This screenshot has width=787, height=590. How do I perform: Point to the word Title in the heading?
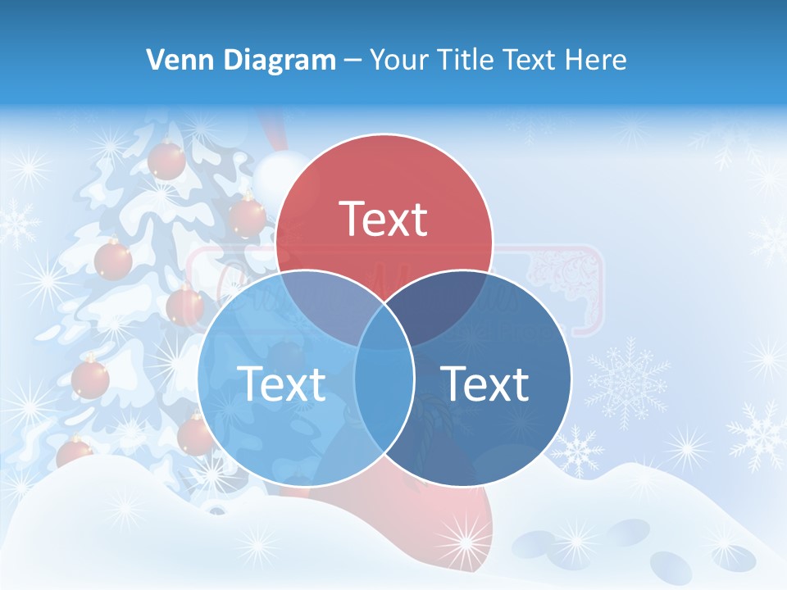tap(465, 60)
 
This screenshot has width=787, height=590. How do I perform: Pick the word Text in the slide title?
tap(530, 60)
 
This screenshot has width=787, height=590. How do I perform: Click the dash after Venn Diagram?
tap(353, 61)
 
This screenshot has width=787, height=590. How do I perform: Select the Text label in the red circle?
tap(384, 219)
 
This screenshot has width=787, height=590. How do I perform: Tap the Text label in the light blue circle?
tap(281, 383)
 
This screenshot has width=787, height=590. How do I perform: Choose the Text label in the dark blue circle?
tap(484, 383)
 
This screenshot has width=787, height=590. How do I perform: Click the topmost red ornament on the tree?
tap(166, 159)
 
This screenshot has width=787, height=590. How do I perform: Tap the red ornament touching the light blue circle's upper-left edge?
tap(185, 305)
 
